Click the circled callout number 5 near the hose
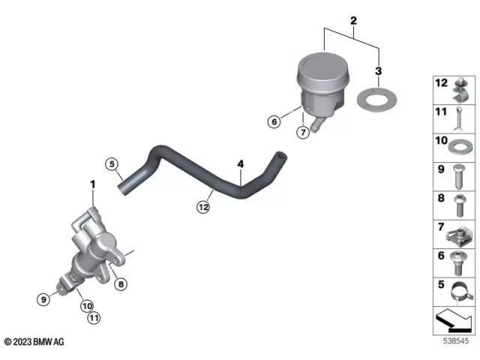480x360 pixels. coord(111,164)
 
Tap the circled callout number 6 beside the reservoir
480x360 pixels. coord(275,121)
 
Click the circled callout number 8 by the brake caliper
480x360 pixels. coord(121,283)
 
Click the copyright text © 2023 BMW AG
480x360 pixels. coord(34,342)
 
